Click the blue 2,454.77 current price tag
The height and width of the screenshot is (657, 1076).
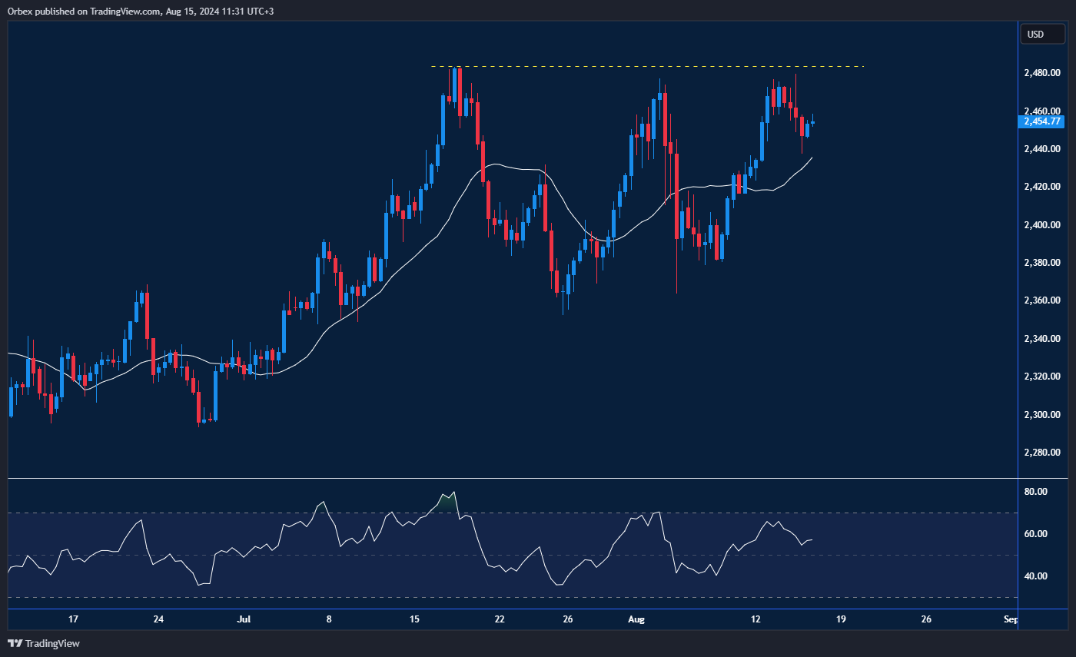click(1041, 121)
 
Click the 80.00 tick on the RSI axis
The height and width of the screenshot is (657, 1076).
click(1037, 492)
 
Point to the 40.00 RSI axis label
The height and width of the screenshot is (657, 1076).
click(1037, 576)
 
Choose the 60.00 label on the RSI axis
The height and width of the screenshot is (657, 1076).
click(1037, 534)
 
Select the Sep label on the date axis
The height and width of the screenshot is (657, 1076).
click(1011, 619)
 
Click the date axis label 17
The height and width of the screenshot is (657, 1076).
click(73, 619)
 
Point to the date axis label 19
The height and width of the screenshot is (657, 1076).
click(841, 619)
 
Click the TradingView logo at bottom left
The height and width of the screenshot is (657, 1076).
click(44, 643)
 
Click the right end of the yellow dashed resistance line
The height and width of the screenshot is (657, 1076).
click(862, 67)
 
